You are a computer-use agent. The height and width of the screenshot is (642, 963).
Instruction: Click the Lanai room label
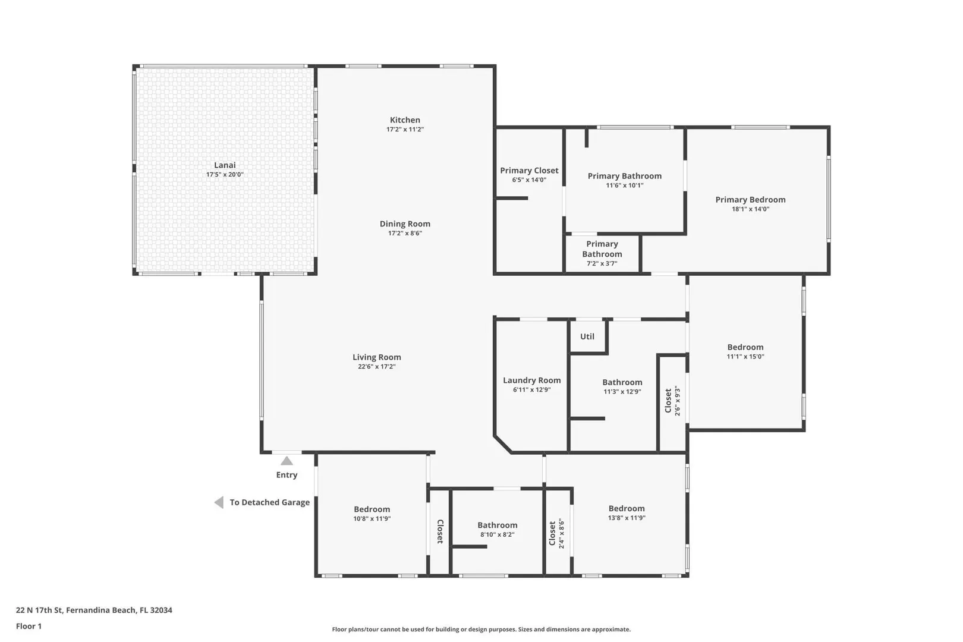[x=225, y=165]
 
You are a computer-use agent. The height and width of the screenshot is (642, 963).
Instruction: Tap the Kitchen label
[x=405, y=120]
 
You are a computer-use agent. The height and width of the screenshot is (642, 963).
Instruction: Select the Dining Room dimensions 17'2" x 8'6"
[x=405, y=233]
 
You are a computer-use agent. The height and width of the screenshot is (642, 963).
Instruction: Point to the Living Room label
[x=377, y=357]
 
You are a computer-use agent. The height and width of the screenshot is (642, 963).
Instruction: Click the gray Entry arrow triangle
[x=287, y=461]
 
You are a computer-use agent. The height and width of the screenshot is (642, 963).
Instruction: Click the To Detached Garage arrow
[x=219, y=502]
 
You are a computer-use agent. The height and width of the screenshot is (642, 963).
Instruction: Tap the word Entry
[x=287, y=475]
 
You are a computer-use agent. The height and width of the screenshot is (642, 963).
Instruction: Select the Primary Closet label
[x=529, y=170]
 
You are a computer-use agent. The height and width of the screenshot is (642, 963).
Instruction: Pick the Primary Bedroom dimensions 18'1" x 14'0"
[x=751, y=209]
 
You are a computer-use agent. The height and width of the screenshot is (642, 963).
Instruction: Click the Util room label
[x=587, y=336]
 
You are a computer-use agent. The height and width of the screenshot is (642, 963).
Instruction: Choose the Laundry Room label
[x=532, y=380]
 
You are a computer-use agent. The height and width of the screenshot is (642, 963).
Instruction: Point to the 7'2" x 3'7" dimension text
[x=602, y=263]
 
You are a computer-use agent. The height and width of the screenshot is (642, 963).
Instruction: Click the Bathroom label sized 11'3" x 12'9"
[x=622, y=382]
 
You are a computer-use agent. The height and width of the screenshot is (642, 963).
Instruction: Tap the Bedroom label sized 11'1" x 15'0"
[x=745, y=347]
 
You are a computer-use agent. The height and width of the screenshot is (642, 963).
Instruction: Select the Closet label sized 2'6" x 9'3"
[x=668, y=400]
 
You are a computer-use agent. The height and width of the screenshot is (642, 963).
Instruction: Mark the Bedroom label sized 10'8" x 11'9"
[x=372, y=509]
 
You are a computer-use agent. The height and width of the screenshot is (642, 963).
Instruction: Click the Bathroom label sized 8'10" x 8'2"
[x=498, y=525]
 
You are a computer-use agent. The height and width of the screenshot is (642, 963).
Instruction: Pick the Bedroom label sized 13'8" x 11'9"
[x=627, y=508]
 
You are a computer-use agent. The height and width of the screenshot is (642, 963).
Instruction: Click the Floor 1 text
[x=29, y=626]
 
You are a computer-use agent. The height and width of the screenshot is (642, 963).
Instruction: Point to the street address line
[x=94, y=610]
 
